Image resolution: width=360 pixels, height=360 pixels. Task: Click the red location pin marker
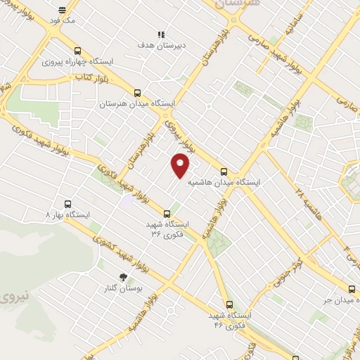tap(181, 165)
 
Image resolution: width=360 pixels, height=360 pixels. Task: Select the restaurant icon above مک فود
tap(63, 10)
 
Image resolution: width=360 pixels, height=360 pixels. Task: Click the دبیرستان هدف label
tap(161, 44)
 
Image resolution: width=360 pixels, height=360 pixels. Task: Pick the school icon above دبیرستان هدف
tap(161, 33)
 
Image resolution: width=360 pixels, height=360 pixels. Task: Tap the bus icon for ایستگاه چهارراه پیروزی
tap(77, 51)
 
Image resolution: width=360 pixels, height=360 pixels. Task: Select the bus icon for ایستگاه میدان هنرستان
tap(137, 92)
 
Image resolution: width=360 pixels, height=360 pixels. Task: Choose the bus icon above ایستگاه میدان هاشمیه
tap(224, 171)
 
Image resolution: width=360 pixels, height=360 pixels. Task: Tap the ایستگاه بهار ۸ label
tap(68, 213)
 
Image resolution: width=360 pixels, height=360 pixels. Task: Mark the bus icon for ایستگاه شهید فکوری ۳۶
tap(167, 213)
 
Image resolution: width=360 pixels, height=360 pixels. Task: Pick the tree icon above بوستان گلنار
tap(124, 277)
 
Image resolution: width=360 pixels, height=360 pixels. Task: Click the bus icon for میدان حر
tap(352, 289)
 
